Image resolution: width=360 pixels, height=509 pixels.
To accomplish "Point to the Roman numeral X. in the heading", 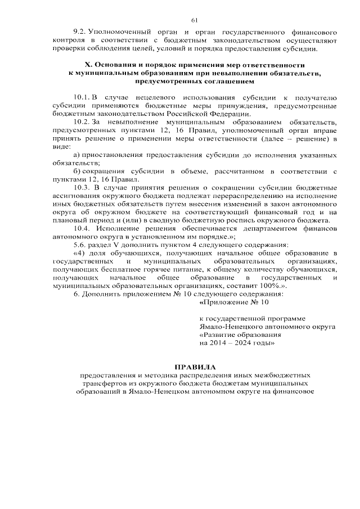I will point(88,65).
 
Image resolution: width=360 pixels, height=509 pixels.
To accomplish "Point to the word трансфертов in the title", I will point(101,382).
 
